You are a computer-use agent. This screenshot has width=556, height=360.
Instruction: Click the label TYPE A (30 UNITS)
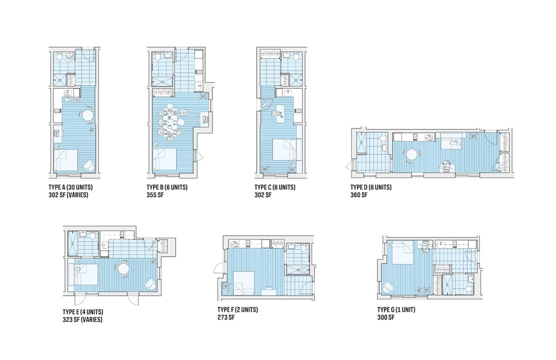tap(70, 188)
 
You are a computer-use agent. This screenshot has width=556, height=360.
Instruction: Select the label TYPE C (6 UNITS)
tap(275, 188)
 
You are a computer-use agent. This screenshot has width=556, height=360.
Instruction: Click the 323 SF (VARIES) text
tap(82, 319)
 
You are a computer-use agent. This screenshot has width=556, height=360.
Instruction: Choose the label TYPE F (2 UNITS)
tap(238, 310)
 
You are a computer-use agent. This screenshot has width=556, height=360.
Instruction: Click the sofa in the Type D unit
tap(449, 142)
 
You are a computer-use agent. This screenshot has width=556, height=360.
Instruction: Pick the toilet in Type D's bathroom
tap(384, 138)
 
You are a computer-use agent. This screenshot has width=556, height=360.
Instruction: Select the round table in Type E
tap(123, 268)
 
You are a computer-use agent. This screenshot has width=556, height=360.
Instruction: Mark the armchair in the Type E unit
tap(151, 284)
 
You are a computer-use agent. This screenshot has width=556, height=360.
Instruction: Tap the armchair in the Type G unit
tap(388, 289)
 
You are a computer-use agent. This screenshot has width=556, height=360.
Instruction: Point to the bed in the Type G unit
tap(399, 253)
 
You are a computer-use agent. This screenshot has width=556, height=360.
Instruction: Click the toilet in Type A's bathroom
tap(69, 57)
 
